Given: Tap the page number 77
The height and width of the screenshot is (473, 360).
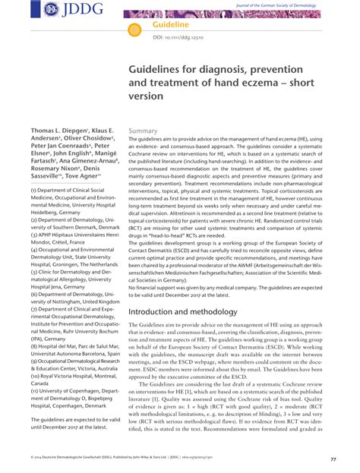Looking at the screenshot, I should pos(333,460).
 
